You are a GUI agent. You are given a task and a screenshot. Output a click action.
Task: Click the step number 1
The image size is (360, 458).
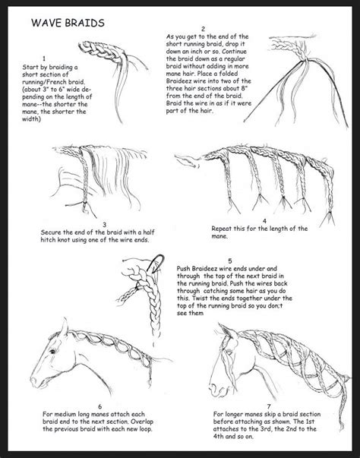pyautogui.click(x=45, y=58)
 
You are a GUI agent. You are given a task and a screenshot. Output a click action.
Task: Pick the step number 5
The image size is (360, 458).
pyautogui.click(x=207, y=260)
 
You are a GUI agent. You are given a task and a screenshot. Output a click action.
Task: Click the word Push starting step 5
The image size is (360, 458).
pyautogui.click(x=187, y=269)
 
